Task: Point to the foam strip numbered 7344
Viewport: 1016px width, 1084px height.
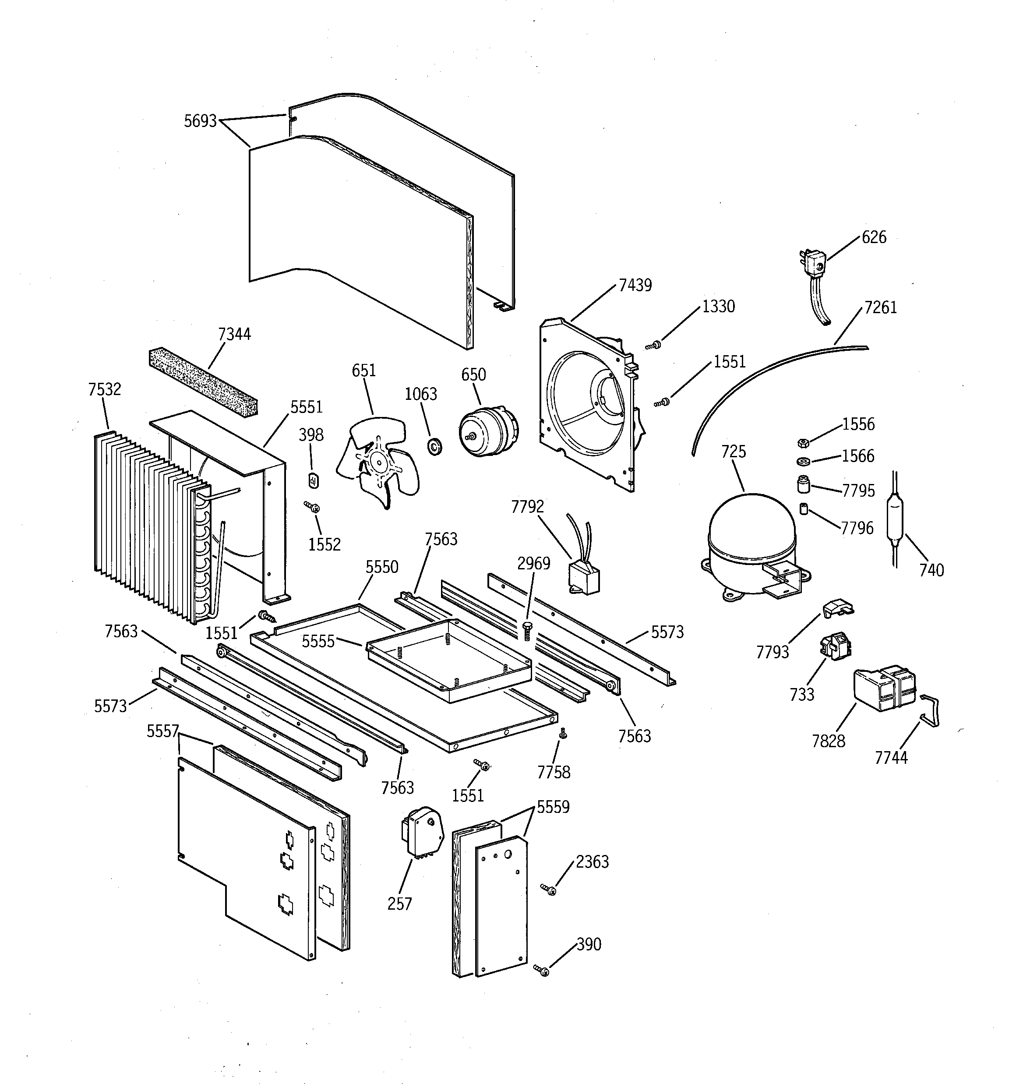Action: [203, 380]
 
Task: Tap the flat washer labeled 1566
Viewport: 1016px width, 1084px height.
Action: [802, 462]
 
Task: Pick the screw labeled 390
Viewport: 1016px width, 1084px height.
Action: [543, 970]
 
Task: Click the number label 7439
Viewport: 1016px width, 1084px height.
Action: [635, 285]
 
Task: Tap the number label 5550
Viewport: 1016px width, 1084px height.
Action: [382, 567]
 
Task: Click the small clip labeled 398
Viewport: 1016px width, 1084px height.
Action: [314, 481]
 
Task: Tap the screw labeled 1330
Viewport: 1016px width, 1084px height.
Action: [653, 345]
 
